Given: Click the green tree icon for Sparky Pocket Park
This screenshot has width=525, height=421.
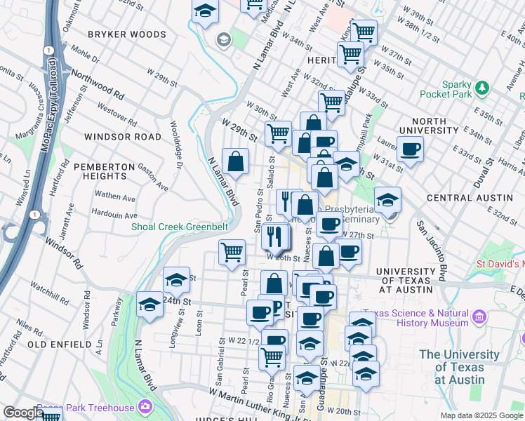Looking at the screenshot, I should click(481, 88).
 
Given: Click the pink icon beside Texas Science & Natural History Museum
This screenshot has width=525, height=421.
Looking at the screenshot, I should click(480, 316).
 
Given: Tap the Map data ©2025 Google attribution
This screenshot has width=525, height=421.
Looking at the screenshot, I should click(481, 415).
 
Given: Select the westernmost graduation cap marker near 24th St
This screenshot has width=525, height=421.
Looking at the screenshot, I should click(149, 305).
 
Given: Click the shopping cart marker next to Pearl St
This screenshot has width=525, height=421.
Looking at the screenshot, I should click(232, 251).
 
